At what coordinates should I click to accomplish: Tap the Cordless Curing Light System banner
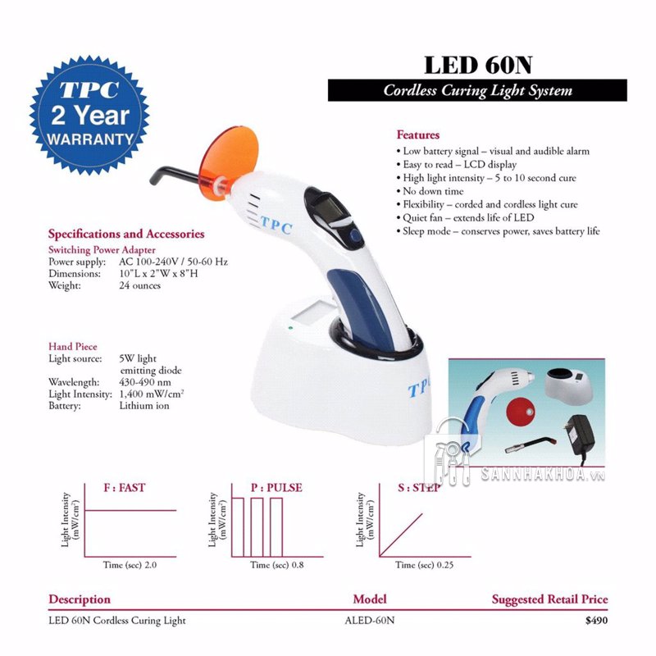477,90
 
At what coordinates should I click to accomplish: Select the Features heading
418,134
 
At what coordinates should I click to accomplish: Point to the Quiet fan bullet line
467,217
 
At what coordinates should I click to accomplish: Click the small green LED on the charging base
290,330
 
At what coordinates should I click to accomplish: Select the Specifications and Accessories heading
126,234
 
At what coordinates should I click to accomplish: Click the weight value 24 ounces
140,285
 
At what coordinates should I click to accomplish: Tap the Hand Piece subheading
73,347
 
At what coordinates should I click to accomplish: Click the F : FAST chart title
125,487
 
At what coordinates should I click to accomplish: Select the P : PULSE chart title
276,487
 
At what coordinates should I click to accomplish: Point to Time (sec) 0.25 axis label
424,565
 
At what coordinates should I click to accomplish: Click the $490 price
596,621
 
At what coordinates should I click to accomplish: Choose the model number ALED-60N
370,621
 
